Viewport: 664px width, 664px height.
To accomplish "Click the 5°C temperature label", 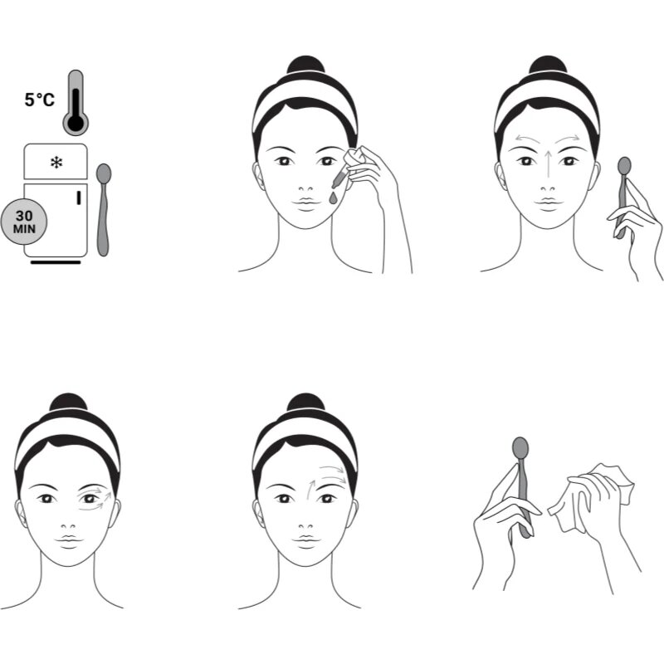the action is (39, 100).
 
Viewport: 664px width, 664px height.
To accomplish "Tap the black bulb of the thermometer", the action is (76, 123).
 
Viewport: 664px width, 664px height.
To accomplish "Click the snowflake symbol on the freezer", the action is (56, 163).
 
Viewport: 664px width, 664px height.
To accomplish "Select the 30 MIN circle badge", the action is (24, 222).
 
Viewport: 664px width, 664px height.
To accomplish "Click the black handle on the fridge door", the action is (78, 198).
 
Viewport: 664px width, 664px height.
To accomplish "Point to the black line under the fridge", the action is (56, 262).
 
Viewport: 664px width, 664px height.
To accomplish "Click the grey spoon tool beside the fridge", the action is (103, 210).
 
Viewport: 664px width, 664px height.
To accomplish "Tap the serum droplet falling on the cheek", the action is (334, 198).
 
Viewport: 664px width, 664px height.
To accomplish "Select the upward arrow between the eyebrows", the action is (549, 164).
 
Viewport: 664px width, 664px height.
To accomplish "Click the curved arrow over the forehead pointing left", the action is (527, 139).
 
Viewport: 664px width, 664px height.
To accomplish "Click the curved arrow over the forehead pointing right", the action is (568, 139).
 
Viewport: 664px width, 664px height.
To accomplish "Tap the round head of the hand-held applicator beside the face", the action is (624, 165).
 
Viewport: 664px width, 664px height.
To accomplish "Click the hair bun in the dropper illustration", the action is (305, 65).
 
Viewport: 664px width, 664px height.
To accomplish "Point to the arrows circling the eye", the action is (95, 499).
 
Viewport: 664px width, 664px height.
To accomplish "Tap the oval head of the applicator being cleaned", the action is (520, 448).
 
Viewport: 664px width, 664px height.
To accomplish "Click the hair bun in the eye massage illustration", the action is (69, 403).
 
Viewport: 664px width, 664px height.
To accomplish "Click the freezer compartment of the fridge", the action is (56, 161).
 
